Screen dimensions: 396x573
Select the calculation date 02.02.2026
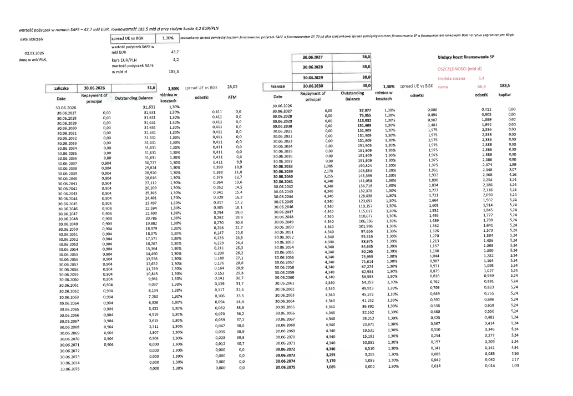pos(31,53)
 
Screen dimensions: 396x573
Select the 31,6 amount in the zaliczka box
pos(151,87)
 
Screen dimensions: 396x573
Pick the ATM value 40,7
pos(240,344)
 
